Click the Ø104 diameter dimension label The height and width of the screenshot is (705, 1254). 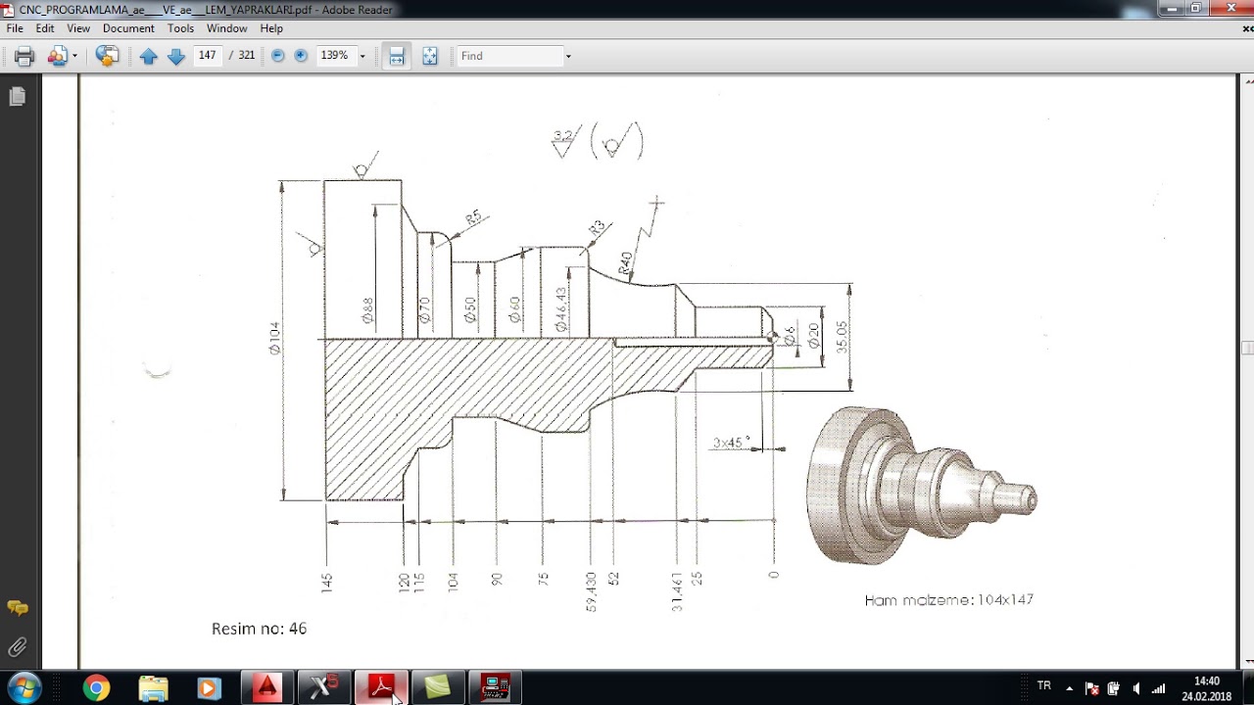[x=275, y=338]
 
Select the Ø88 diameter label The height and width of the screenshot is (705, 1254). [x=367, y=310]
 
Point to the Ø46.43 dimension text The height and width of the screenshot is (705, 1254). [x=560, y=308]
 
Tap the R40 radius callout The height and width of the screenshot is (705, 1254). [x=626, y=262]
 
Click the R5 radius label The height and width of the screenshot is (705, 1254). [x=473, y=217]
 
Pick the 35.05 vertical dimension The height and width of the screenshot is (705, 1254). [x=842, y=337]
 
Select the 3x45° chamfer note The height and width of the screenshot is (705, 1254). [x=731, y=443]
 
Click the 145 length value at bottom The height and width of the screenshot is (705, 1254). [x=326, y=583]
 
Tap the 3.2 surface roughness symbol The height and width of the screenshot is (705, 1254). [x=563, y=142]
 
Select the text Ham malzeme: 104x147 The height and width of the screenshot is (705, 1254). [x=948, y=599]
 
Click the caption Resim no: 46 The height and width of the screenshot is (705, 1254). [x=259, y=629]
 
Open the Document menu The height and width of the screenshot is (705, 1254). [x=128, y=28]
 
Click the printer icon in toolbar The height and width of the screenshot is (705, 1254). [x=24, y=56]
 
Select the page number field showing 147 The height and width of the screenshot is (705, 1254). [x=207, y=56]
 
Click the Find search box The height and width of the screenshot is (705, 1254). [x=509, y=56]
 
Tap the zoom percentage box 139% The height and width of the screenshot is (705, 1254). [x=334, y=56]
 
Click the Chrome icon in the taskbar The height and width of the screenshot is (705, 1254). [x=96, y=688]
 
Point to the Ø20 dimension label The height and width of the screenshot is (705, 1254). [x=813, y=336]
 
